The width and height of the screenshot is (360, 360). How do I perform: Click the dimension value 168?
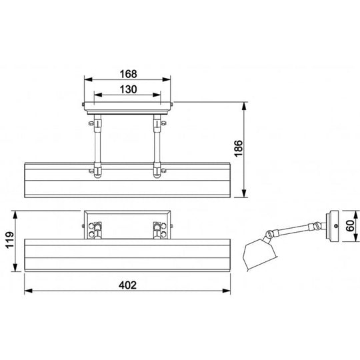click(x=129, y=74)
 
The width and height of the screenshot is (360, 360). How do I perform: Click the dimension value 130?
click(x=129, y=89)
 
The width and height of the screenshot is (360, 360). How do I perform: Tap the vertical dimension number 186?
click(x=239, y=148)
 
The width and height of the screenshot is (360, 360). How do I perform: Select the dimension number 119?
click(x=10, y=240)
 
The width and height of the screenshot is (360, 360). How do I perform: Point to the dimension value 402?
click(x=127, y=285)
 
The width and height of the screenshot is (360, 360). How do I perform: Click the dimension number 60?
click(x=350, y=226)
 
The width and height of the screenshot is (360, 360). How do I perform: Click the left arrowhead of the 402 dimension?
click(x=28, y=291)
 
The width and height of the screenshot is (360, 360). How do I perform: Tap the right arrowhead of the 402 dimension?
click(x=227, y=291)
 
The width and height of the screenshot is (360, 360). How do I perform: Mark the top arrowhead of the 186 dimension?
click(x=244, y=106)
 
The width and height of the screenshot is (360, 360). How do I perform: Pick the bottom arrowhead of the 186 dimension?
click(x=244, y=193)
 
